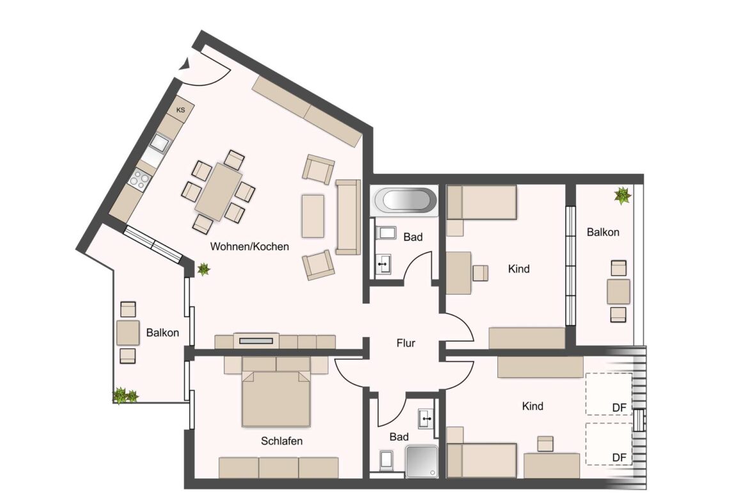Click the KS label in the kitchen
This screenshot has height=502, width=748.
(x=181, y=111)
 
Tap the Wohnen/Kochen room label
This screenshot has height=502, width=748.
(x=249, y=246)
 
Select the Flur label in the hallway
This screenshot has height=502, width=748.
(x=405, y=343)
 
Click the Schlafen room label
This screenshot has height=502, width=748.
(x=281, y=441)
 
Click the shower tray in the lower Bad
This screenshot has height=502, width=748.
(x=422, y=461)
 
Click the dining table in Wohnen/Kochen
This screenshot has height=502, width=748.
(x=219, y=191)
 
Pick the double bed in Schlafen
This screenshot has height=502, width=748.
(x=276, y=398)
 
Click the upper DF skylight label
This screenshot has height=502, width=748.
(x=618, y=407)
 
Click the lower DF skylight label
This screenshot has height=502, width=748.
(x=618, y=457)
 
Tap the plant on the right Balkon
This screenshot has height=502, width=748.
(x=621, y=195)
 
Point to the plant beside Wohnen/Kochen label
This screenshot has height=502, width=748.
(x=204, y=269)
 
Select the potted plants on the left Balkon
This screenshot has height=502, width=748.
(x=125, y=396)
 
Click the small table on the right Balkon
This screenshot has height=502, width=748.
(x=618, y=291)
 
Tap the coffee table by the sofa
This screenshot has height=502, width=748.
(x=313, y=216)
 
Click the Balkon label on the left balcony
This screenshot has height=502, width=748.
(x=162, y=333)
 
